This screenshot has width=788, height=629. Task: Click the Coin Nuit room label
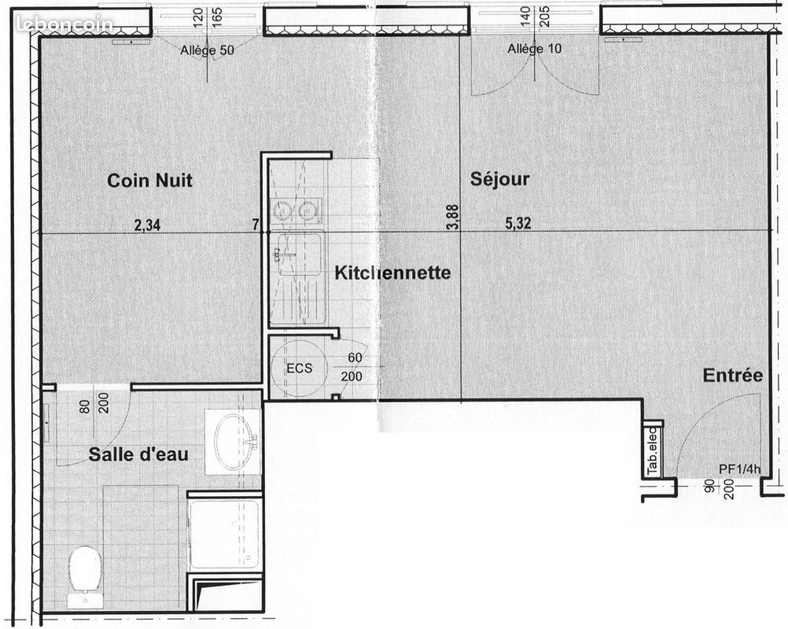pyautogui.click(x=149, y=181)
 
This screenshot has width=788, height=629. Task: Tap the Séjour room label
pyautogui.click(x=499, y=179)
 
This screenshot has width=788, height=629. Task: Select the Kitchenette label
pyautogui.click(x=392, y=273)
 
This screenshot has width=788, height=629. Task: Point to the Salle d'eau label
pyautogui.click(x=138, y=454)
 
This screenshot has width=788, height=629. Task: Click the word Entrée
pyautogui.click(x=732, y=376)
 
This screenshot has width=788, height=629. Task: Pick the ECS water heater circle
pyautogui.click(x=299, y=368)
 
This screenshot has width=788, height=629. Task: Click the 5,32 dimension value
pyautogui.click(x=517, y=223)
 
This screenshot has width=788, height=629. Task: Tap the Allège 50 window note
pyautogui.click(x=207, y=50)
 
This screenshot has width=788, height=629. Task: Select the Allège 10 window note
pyautogui.click(x=535, y=49)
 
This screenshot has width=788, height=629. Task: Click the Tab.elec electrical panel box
pyautogui.click(x=653, y=451)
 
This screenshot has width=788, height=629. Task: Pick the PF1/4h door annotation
pyautogui.click(x=740, y=469)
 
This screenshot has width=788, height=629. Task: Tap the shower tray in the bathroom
pyautogui.click(x=224, y=533)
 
